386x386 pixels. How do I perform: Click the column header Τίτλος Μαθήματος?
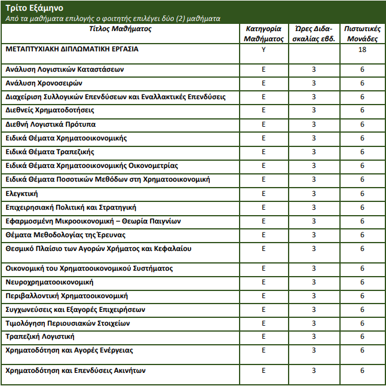click(121, 29)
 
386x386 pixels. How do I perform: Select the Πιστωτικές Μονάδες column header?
click(362, 33)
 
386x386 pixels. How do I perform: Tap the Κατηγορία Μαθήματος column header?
click(264, 33)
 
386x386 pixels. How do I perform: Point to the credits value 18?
click(362, 50)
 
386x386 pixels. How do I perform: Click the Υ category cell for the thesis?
click(264, 50)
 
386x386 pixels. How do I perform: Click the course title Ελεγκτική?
click(22, 194)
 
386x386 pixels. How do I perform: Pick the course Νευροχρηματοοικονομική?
click(49, 282)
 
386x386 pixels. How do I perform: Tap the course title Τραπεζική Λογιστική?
click(40, 337)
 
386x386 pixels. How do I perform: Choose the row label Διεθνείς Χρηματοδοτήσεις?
click(50, 111)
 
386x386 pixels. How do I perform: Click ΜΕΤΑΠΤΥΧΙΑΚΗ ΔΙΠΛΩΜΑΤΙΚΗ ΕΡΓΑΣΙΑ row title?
click(72, 50)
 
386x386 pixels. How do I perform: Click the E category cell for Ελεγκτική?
click(264, 194)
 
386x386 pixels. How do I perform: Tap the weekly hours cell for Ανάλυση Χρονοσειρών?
click(314, 83)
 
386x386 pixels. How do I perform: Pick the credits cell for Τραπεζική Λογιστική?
click(362, 337)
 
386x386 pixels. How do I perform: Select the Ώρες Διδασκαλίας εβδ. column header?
click(314, 33)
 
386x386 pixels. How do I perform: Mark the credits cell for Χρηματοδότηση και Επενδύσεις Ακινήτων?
click(362, 371)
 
